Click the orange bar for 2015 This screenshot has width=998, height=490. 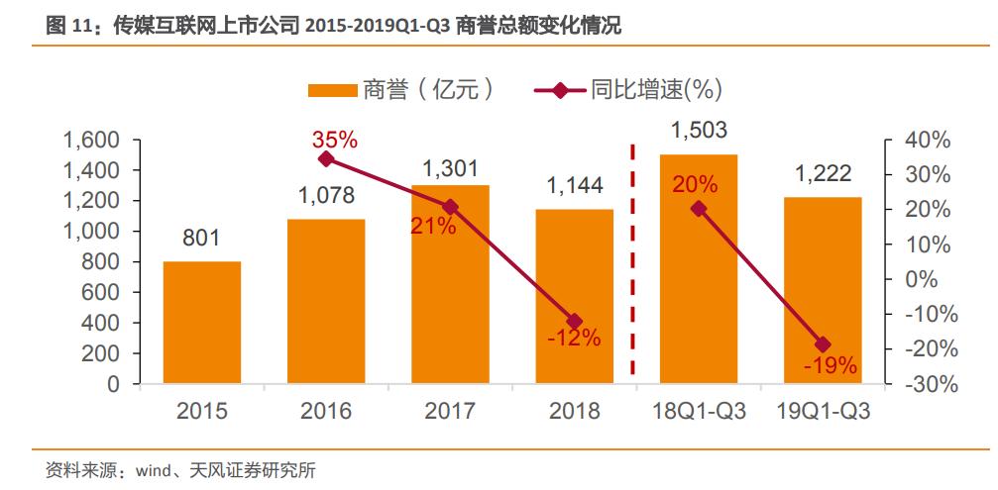tap(202, 323)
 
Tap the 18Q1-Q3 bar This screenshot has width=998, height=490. tap(699, 269)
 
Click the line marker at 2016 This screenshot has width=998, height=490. tap(326, 158)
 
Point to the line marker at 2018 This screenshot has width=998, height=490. tap(575, 321)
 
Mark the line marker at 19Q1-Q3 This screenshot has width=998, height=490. tap(823, 344)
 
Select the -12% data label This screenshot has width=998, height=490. tap(574, 340)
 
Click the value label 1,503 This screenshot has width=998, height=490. tap(699, 130)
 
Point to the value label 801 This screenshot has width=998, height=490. tap(201, 239)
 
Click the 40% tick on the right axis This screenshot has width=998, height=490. tap(928, 141)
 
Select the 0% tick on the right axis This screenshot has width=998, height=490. tap(922, 279)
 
